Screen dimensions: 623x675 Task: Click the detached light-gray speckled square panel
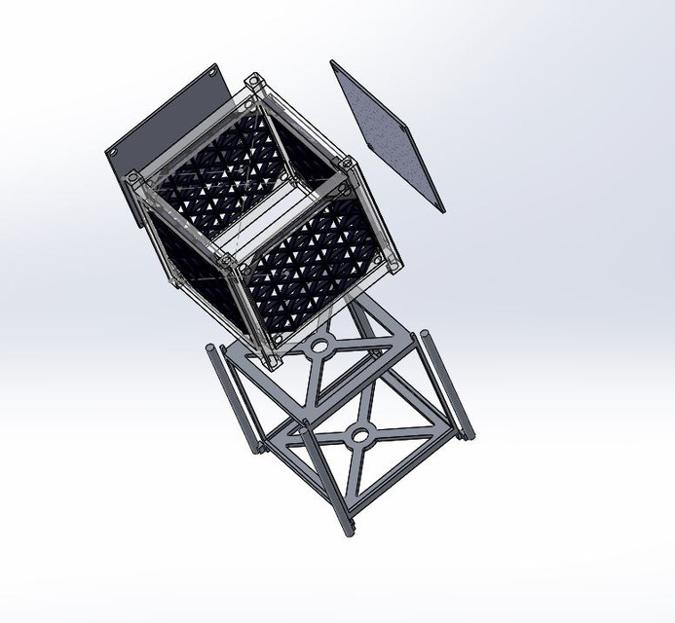point(388,136)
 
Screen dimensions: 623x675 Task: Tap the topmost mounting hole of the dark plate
point(212,71)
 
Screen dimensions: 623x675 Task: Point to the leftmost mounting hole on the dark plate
point(114,155)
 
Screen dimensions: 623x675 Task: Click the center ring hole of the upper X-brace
point(319,346)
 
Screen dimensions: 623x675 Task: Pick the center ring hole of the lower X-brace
point(360,434)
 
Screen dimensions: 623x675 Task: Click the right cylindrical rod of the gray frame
point(447,385)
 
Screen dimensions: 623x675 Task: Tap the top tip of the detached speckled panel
point(334,63)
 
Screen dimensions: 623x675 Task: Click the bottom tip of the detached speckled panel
point(440,206)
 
